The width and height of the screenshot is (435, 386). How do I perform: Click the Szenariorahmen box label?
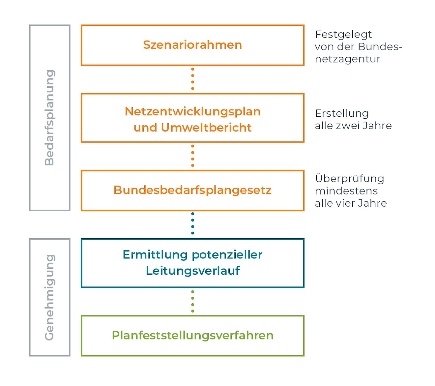tap(192, 45)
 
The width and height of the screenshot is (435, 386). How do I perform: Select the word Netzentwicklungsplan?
tap(192, 112)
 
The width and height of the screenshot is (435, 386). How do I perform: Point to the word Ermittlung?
tap(155, 255)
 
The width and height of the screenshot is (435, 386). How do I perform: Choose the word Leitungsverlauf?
tap(192, 271)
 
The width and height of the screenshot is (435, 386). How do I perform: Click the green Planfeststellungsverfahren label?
tap(192, 335)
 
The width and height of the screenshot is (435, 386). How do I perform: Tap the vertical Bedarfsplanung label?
tap(50, 118)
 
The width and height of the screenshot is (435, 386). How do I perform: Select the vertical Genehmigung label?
tap(50, 298)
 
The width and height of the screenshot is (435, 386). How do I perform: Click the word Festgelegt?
tap(343, 35)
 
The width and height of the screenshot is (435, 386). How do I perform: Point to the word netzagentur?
tap(347, 59)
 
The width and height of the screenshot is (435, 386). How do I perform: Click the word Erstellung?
tap(342, 113)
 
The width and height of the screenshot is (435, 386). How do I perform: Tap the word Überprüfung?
tap(350, 178)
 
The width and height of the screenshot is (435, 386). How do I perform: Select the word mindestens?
tap(346, 191)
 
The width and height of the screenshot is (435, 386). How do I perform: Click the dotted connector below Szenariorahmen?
tap(192, 79)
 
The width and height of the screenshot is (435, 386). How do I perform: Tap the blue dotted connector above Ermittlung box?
tap(192, 223)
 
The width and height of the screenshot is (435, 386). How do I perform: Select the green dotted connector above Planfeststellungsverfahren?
tap(192, 301)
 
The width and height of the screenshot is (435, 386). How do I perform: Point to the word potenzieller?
tap(227, 255)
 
